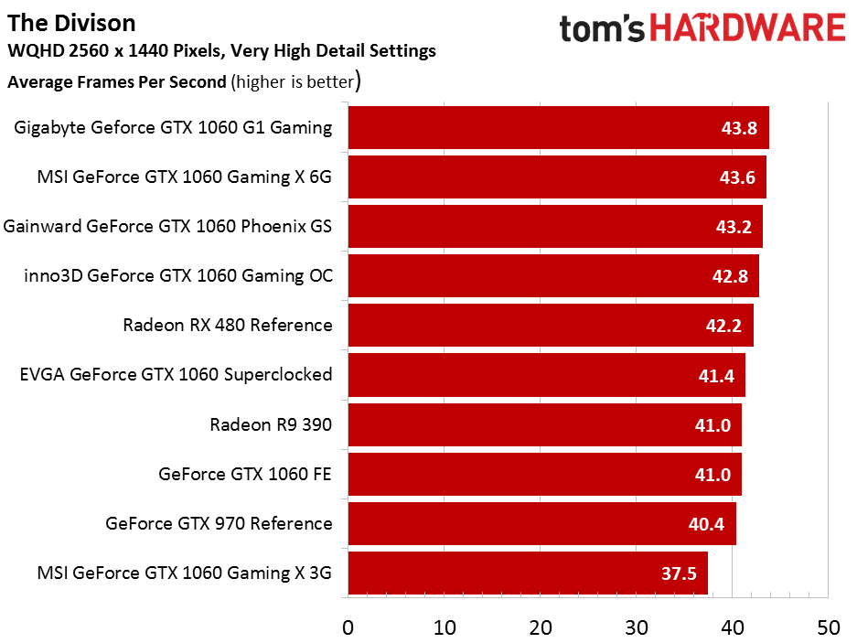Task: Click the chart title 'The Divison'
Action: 71,24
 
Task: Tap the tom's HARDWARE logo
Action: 702,28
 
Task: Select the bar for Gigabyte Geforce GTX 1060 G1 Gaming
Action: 559,127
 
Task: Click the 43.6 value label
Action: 737,177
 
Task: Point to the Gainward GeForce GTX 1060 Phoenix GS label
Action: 167,226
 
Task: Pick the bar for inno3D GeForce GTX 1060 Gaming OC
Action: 553,275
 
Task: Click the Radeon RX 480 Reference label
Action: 228,325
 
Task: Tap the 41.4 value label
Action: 716,376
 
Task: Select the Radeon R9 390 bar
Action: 545,424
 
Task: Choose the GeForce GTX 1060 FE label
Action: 245,474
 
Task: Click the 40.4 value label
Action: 706,524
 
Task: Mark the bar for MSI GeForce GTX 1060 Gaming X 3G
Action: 528,573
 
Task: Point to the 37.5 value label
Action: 679,573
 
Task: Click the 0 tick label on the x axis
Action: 348,627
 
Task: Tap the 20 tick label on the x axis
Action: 541,627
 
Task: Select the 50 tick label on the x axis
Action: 829,627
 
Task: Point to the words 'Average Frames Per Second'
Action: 117,82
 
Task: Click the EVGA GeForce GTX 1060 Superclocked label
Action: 176,374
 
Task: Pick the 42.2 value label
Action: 723,326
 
